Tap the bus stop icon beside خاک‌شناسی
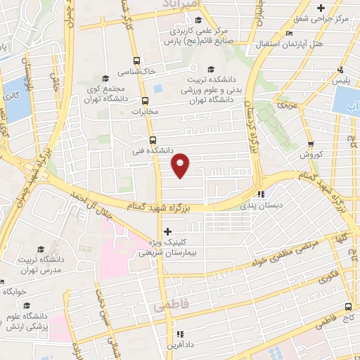coord(136,60)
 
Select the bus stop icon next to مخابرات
coord(144,101)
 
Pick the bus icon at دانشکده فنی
coord(153,140)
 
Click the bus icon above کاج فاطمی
coord(349,307)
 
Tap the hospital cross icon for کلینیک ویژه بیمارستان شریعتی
coord(167,231)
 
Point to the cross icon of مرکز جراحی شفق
coord(321,8)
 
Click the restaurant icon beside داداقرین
coord(179,333)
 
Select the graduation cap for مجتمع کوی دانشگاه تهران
coord(105,78)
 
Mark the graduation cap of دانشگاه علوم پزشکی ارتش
coord(27,305)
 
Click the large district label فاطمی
coord(167,307)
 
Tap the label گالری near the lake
coord(11,96)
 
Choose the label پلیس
coord(341,81)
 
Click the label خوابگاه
coord(14,290)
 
